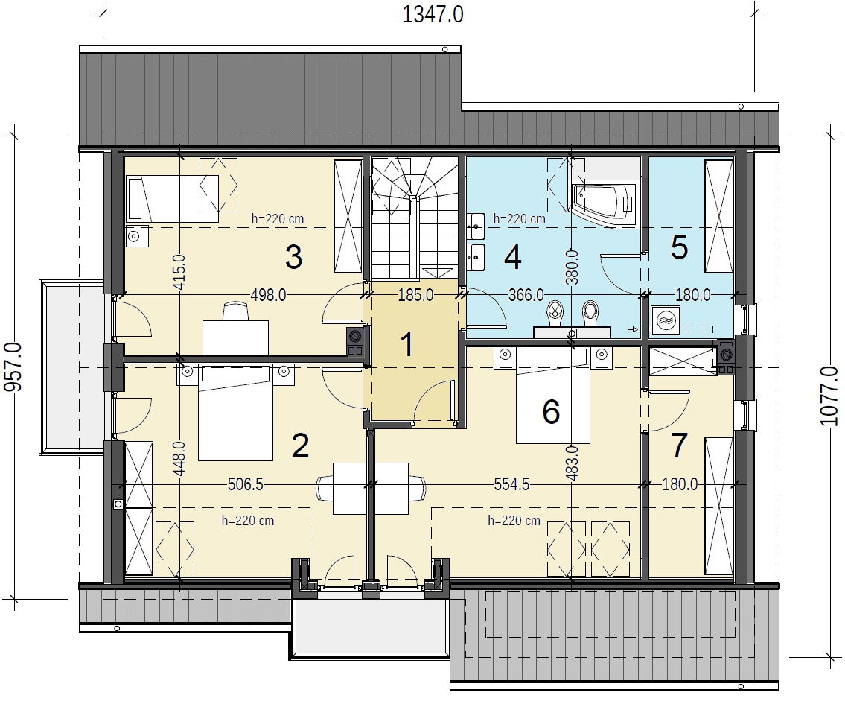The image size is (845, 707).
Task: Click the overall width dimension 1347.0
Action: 433,15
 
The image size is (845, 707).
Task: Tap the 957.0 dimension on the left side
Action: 14,367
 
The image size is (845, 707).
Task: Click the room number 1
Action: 407,344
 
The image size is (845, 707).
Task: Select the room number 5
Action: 679,247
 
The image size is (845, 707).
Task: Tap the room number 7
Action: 679,446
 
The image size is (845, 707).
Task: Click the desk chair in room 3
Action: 235,311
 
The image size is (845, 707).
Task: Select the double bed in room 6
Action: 551,396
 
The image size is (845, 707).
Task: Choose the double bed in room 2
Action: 235,413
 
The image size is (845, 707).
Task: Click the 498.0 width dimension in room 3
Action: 268,295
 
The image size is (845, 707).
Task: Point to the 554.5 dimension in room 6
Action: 512,484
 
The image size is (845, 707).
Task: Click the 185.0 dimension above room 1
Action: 415,295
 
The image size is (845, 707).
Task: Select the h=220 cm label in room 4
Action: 519,219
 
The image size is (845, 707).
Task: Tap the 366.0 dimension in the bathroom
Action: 526,295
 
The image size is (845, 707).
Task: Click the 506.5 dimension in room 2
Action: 246,484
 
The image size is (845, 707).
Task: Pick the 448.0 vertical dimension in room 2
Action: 179,459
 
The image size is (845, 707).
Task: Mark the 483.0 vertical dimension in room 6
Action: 573,463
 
